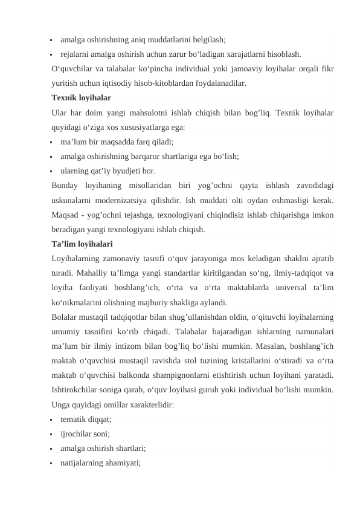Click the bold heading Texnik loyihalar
pos(82,97)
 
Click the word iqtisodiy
pos(118,83)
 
